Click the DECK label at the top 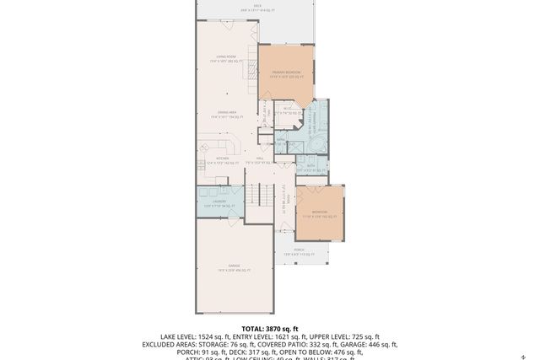click(x=257, y=6)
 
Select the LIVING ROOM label click(x=225, y=59)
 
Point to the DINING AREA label click(x=226, y=114)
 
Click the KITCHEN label click(x=223, y=160)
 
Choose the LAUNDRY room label click(x=219, y=202)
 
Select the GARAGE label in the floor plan click(x=234, y=268)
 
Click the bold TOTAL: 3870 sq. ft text click(x=269, y=329)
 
